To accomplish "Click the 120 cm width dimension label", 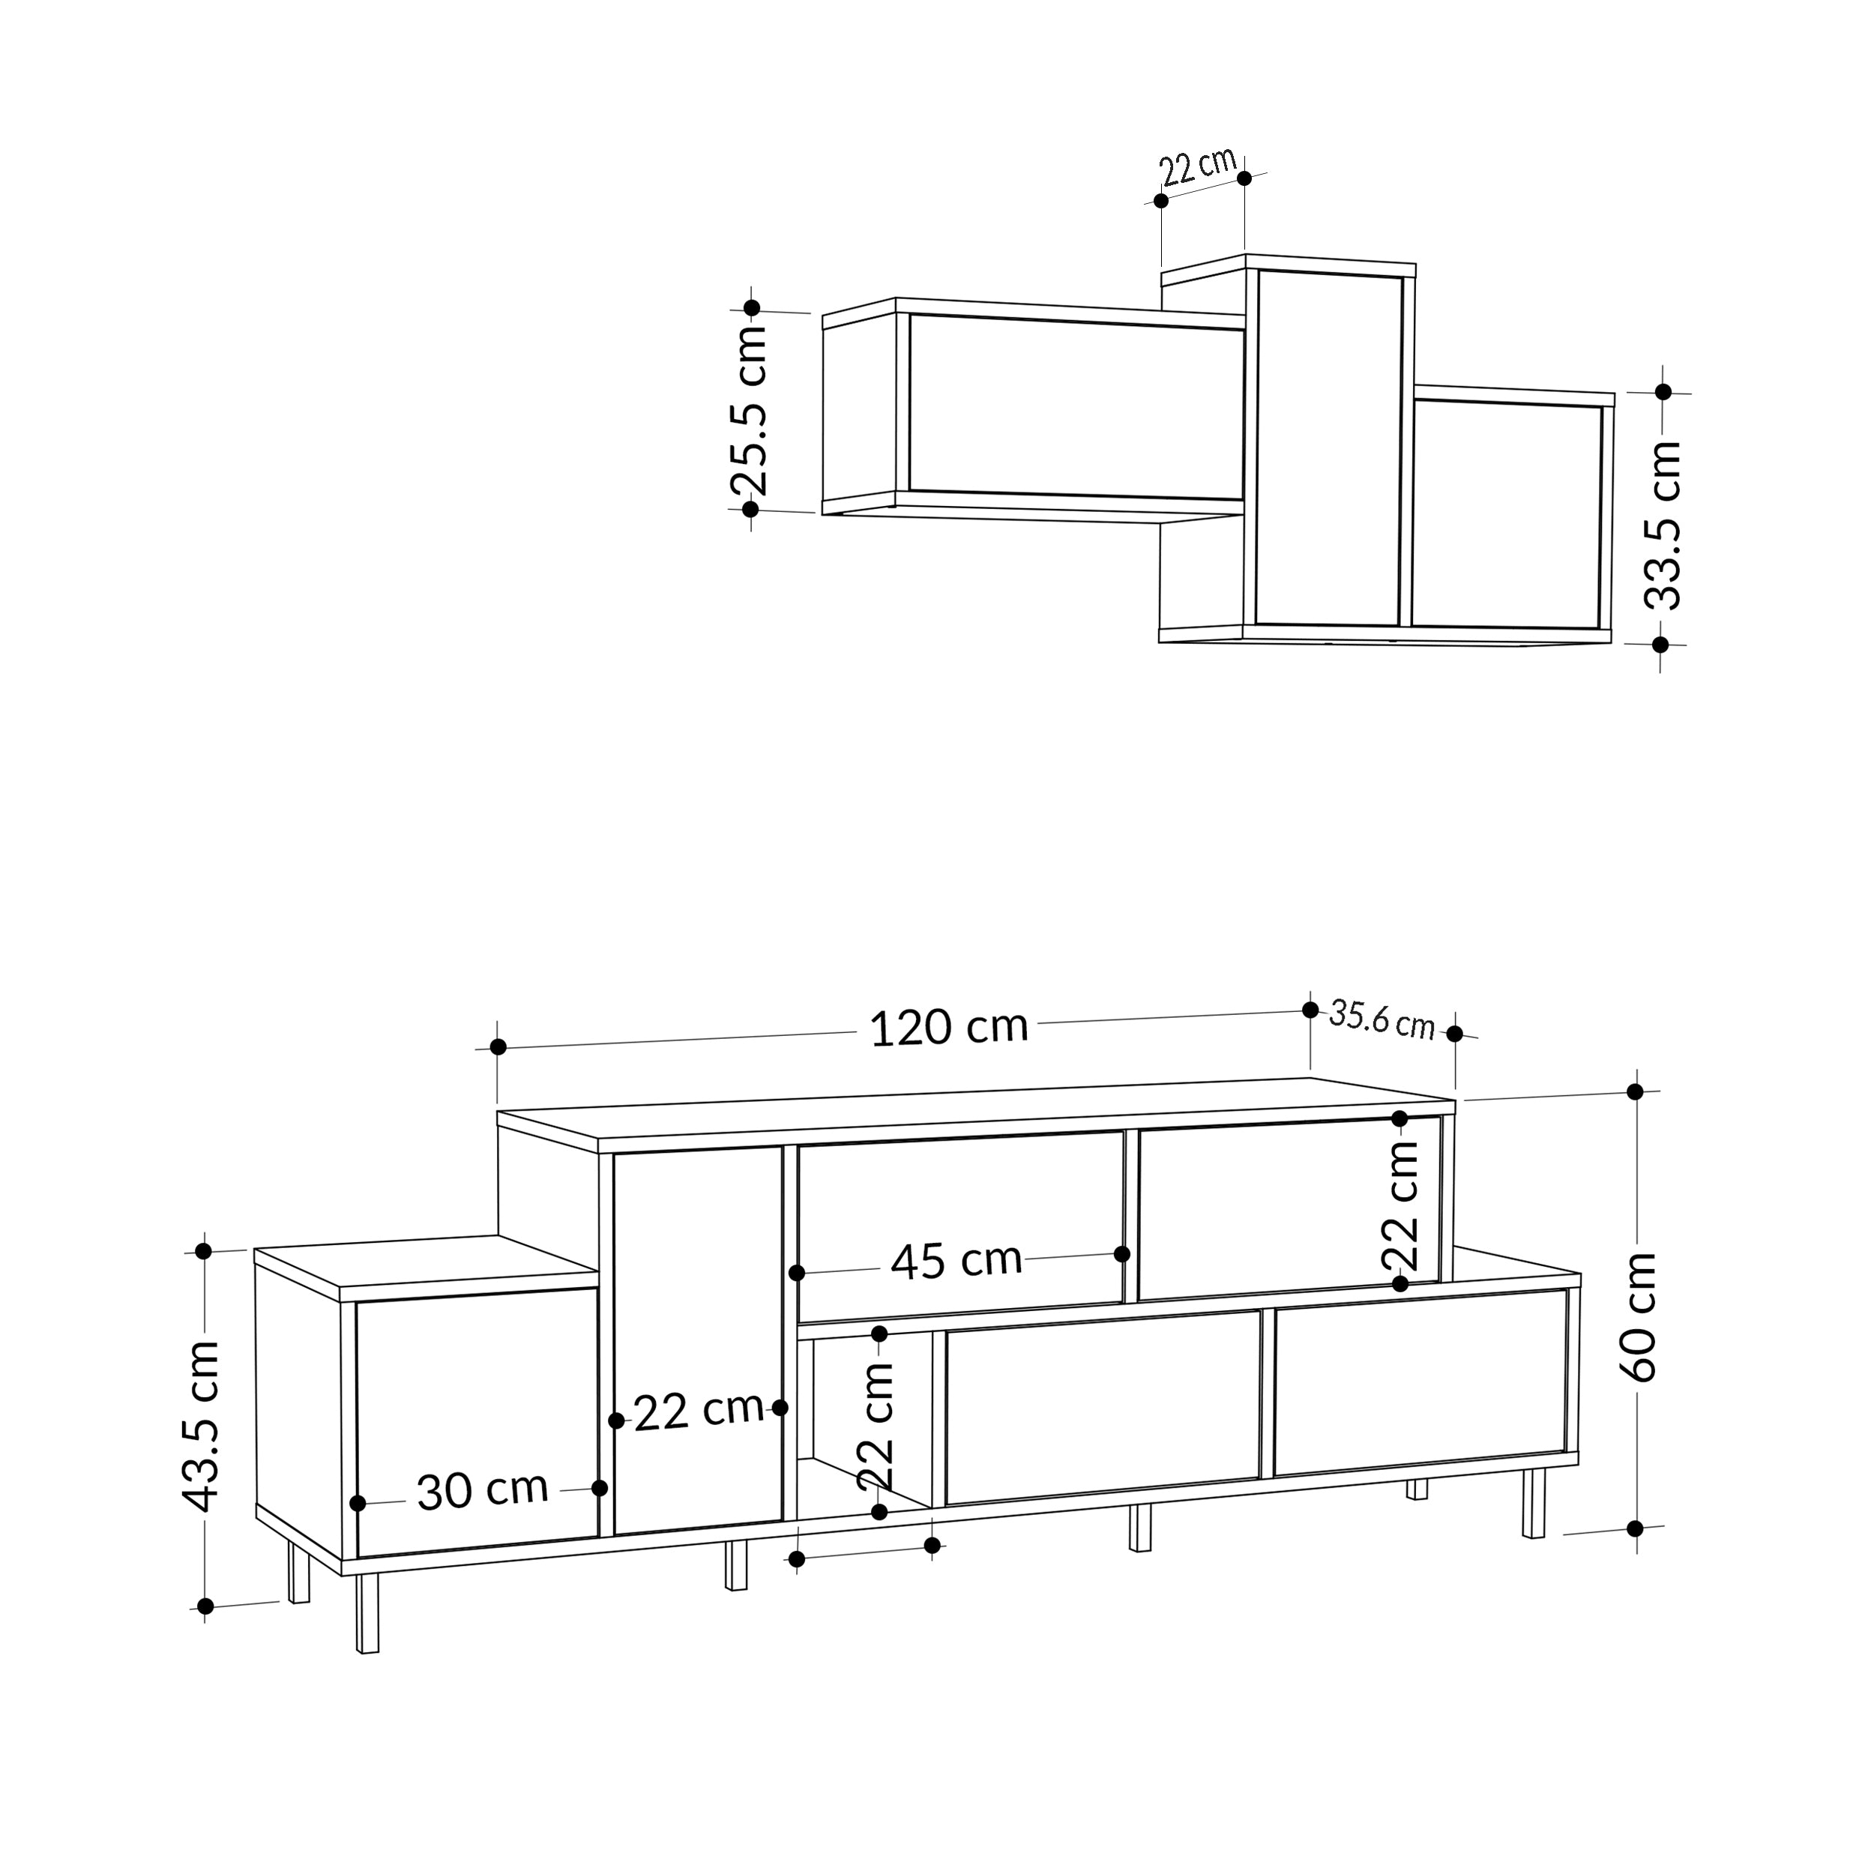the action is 949,1029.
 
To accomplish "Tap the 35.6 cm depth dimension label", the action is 1382,1019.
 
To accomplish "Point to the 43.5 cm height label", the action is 202,1426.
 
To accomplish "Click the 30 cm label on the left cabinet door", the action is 482,1491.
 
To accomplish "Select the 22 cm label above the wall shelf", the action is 1199,167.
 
